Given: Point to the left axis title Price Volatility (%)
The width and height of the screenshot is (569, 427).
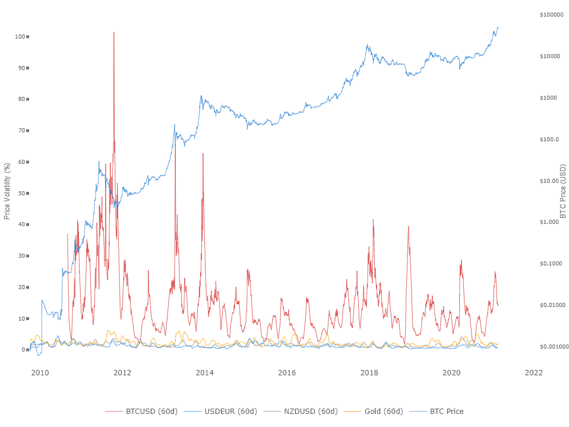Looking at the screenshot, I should [x=7, y=191].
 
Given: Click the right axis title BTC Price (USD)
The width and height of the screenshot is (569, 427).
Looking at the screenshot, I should [x=563, y=191].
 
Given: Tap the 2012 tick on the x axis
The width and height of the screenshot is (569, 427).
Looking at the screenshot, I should [x=122, y=372].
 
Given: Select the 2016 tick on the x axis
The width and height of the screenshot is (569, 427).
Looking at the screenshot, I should [x=287, y=372].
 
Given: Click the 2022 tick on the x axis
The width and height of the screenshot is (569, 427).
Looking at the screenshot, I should [x=533, y=372].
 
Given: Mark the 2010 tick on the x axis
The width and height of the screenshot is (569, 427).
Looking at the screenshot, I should [x=40, y=372].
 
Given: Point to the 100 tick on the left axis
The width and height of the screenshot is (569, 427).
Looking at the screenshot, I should [x=21, y=37].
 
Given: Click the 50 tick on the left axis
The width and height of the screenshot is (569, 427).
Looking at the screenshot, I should [x=23, y=193].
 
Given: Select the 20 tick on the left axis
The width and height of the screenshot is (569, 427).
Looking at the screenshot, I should [x=23, y=287].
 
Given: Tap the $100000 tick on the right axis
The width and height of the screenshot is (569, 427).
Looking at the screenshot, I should [x=552, y=14].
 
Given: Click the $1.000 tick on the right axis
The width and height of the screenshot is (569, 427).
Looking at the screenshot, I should [x=549, y=222].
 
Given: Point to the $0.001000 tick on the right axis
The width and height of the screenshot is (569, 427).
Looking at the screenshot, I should [x=554, y=346].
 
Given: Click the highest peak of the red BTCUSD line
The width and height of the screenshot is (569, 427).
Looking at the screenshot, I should [x=114, y=32].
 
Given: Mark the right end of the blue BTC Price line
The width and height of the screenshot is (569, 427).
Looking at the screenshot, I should [x=498, y=27].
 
